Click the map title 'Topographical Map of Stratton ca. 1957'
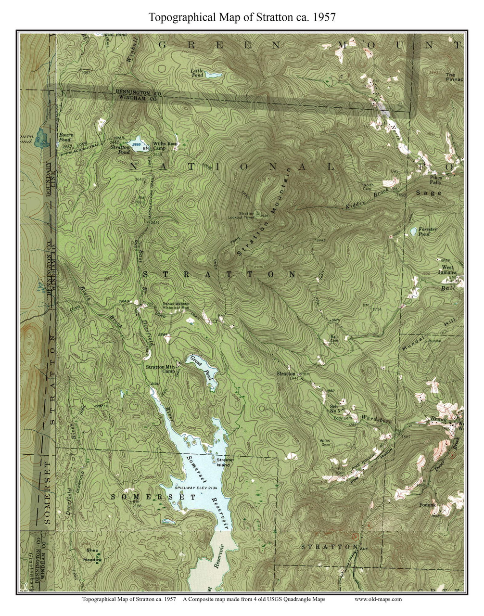tap(242, 17)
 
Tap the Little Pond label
tap(197, 72)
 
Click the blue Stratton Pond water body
tap(139, 146)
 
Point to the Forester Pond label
tap(428, 232)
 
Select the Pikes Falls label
tap(435, 180)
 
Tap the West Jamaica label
tap(447, 270)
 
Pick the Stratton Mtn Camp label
tap(161, 369)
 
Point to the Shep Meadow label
tap(92, 555)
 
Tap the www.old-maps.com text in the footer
tap(378, 599)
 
